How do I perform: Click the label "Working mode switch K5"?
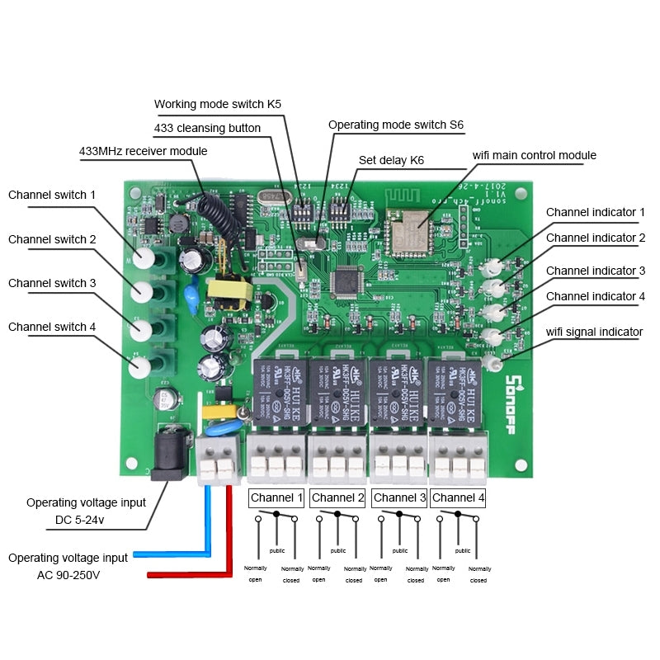[218, 105]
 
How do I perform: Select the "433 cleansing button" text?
[207, 128]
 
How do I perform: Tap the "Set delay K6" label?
[391, 160]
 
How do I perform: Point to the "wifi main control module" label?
[534, 155]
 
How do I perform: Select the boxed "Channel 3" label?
[399, 497]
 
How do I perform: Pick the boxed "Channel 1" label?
[276, 497]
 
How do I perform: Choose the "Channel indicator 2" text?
[595, 238]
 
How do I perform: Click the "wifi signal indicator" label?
[594, 332]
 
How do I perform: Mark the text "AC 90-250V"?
[69, 575]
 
